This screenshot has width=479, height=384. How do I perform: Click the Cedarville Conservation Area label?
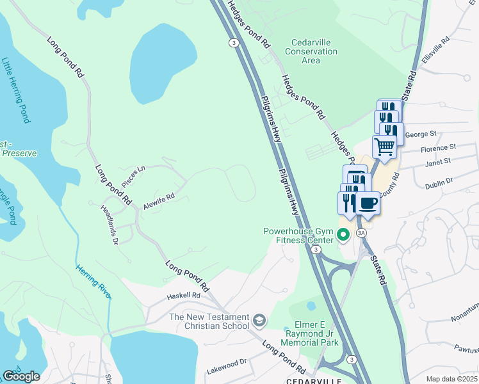311,51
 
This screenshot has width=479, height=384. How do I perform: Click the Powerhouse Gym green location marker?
343,235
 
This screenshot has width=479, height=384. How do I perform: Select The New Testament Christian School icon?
259,319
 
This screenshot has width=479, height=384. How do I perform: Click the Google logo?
21,376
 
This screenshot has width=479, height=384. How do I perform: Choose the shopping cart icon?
384,147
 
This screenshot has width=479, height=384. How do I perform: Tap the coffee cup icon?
368,203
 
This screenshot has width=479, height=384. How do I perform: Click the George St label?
420,134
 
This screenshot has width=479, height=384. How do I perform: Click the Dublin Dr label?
439,182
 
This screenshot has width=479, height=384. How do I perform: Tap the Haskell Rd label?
184,296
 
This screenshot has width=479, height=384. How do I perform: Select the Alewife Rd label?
158,199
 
